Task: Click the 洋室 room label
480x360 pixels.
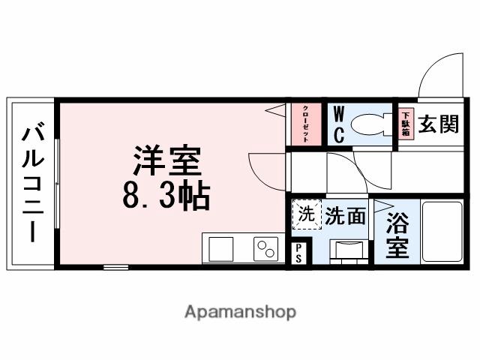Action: [167, 162]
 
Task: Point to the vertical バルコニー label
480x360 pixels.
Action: [32, 184]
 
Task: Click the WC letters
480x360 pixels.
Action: [337, 124]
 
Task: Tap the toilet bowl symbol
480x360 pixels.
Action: [371, 123]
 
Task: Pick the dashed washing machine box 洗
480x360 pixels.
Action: [304, 214]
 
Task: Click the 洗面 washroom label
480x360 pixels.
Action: [345, 216]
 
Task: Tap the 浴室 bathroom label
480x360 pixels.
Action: [397, 235]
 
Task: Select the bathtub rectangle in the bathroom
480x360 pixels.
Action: [442, 232]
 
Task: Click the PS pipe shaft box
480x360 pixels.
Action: [298, 252]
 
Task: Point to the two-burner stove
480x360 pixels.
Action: [265, 248]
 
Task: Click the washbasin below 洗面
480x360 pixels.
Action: [348, 253]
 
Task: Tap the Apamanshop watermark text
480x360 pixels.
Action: [240, 311]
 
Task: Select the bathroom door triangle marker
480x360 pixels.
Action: [382, 206]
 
